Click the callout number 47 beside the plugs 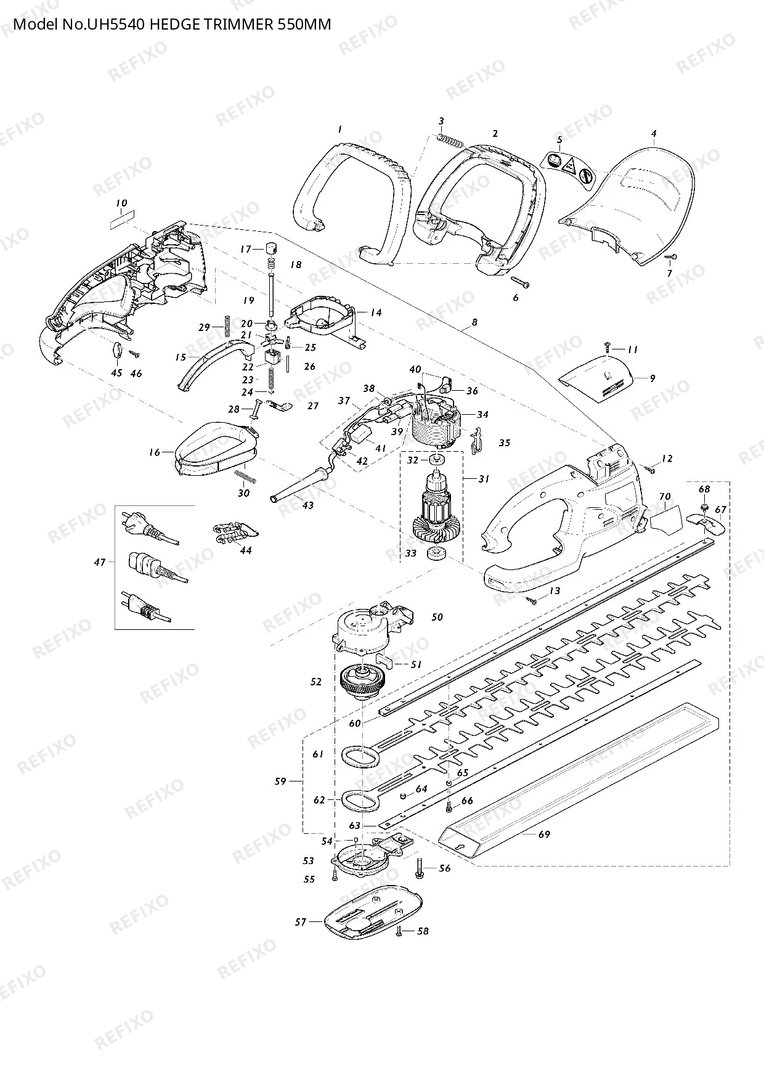point(100,561)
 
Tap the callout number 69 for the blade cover point(544,834)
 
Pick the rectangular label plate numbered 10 point(121,218)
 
